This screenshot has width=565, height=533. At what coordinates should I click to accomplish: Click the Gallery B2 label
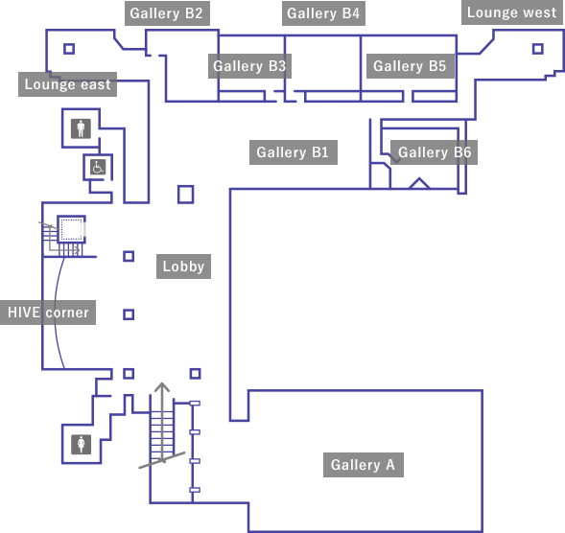point(167,13)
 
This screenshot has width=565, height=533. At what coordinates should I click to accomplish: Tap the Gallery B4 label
point(323,13)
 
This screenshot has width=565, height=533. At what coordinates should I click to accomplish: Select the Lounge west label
point(511,12)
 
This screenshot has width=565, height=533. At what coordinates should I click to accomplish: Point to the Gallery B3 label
point(249,66)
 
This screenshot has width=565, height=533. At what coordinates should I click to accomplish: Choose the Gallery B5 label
point(411,66)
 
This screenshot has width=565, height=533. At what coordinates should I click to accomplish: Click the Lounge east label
point(67,84)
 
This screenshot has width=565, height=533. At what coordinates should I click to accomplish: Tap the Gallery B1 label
point(294,152)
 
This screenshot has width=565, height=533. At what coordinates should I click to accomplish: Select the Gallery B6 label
point(434,152)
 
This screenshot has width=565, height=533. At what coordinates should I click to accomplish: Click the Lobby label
point(183,266)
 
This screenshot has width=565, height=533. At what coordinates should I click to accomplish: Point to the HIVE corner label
point(48,313)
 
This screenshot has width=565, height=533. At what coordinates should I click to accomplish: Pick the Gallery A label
point(364,465)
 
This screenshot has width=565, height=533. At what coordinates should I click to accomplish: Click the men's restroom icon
point(81,128)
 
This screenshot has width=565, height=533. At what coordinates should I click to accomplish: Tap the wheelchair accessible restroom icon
point(98,167)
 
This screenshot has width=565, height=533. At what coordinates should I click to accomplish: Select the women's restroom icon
point(82,445)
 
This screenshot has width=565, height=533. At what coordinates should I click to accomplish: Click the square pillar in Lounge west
point(537,49)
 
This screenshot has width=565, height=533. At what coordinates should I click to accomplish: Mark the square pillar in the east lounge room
point(69,49)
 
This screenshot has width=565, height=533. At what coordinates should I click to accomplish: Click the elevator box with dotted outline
point(71,229)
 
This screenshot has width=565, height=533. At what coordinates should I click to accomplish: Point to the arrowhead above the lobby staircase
point(162,386)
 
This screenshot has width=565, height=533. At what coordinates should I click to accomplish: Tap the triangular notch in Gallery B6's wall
point(419,183)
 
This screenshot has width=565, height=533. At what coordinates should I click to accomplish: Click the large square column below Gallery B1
point(185,195)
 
